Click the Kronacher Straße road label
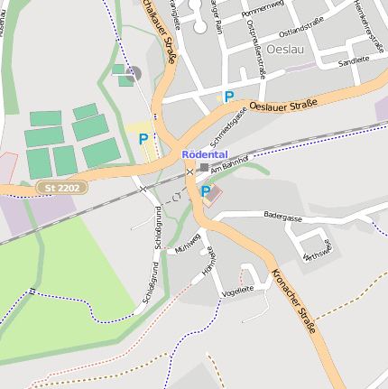tap(293, 301)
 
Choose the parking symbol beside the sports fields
tap(143, 139)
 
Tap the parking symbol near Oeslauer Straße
tap(229, 96)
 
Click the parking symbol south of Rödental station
tap(206, 190)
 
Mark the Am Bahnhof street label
tap(232, 163)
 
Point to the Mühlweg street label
tap(188, 246)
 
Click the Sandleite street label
tap(354, 60)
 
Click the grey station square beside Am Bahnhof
tap(204, 167)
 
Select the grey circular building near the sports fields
tap(134, 73)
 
